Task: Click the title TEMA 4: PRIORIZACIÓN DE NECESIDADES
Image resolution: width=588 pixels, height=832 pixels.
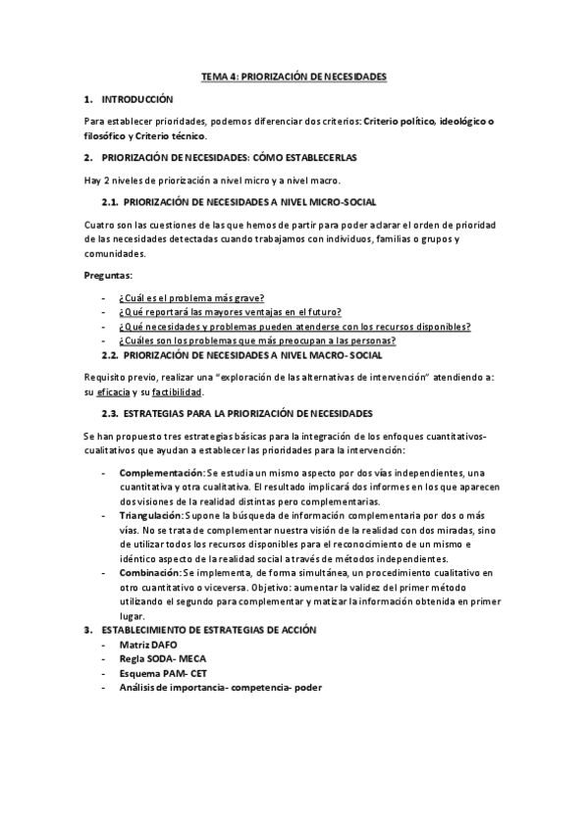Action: [294, 76]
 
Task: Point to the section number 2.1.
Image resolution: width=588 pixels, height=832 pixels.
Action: [110, 202]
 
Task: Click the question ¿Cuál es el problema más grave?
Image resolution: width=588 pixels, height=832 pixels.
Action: [191, 298]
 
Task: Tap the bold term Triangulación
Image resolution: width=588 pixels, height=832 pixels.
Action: [152, 514]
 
